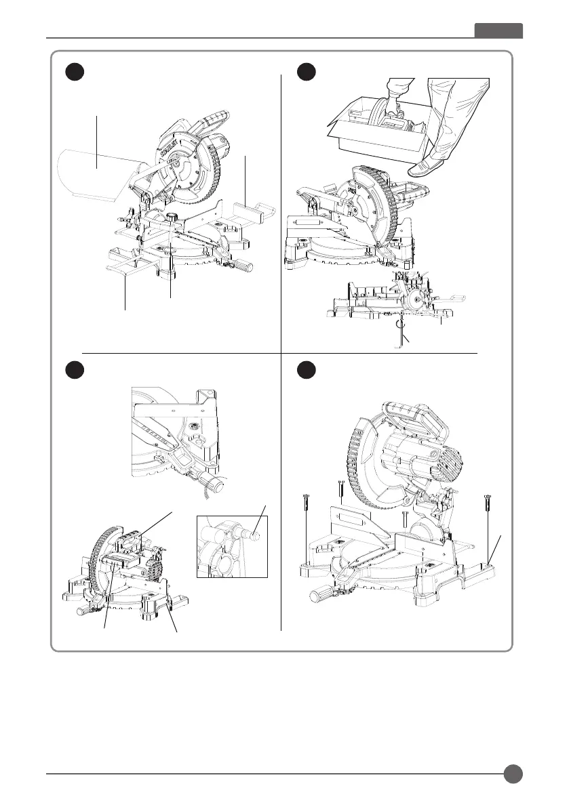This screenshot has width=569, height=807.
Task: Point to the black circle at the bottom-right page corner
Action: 513,774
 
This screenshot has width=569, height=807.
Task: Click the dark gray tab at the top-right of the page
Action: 498,31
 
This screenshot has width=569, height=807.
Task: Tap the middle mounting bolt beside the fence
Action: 404,518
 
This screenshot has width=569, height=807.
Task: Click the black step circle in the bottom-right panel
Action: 309,371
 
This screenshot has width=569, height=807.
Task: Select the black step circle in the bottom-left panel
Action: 74,371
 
